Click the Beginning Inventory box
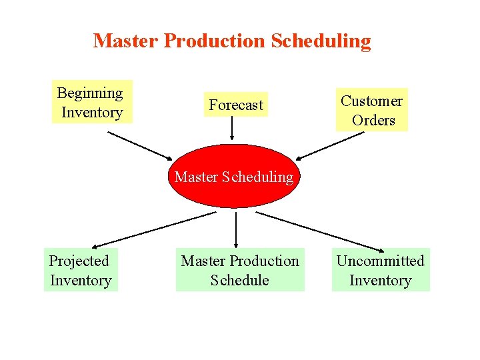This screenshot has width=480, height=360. [92, 102]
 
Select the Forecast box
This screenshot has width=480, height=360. [235, 105]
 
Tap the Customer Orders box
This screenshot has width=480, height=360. [373, 110]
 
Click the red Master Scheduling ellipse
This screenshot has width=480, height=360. [233, 177]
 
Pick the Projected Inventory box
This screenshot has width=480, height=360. [81, 270]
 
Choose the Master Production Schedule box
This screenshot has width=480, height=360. [240, 270]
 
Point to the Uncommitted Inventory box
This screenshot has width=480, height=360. [381, 270]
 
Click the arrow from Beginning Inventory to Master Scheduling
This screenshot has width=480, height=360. [140, 145]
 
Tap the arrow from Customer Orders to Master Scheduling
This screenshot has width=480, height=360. [330, 146]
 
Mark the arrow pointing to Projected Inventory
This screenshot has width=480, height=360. [153, 230]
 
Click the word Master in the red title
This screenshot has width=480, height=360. [126, 41]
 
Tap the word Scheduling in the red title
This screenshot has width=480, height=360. [321, 41]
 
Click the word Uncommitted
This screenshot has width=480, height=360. [381, 261]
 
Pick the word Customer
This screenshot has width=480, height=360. [372, 101]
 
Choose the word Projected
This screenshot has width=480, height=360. [79, 261]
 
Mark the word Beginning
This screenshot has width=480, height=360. [90, 93]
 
